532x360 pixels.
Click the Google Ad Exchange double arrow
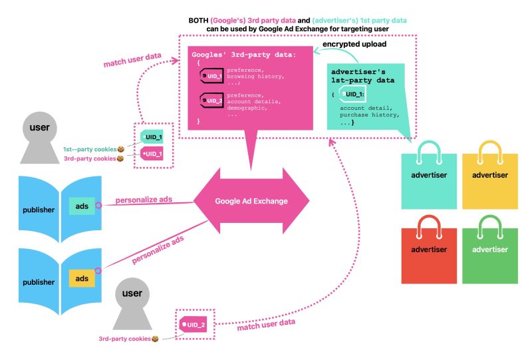pyautogui.click(x=251, y=201)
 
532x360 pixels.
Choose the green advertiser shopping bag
pyautogui.click(x=489, y=253)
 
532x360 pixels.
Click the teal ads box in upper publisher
pyautogui.click(x=82, y=206)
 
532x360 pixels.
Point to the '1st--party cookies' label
pyautogui.click(x=89, y=149)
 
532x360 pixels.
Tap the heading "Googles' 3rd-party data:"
pyautogui.click(x=242, y=54)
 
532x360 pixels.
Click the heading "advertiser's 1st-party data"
pyautogui.click(x=363, y=75)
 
